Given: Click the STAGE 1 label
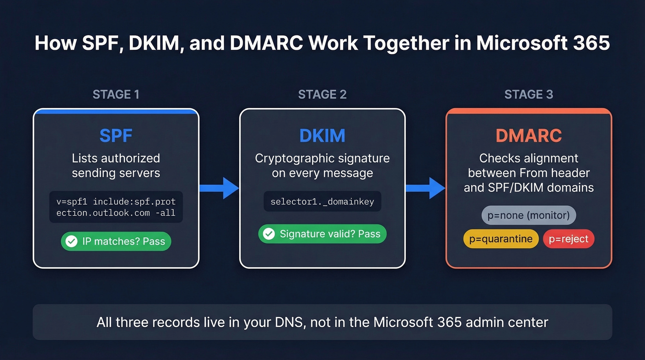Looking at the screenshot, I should pyautogui.click(x=116, y=94).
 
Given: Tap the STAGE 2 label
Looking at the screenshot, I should pyautogui.click(x=322, y=94).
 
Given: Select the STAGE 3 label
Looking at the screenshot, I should pyautogui.click(x=528, y=94).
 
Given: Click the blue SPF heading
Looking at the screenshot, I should pyautogui.click(x=116, y=136).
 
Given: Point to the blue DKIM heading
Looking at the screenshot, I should pyautogui.click(x=322, y=136).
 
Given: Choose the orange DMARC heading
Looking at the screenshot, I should pyautogui.click(x=528, y=136).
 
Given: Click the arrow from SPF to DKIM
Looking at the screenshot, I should pyautogui.click(x=219, y=188).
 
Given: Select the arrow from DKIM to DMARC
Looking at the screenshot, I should pyautogui.click(x=426, y=188).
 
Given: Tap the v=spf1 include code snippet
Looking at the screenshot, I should pyautogui.click(x=116, y=207).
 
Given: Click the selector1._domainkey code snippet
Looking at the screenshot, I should pyautogui.click(x=322, y=202).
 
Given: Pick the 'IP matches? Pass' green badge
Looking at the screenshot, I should pyautogui.click(x=116, y=242).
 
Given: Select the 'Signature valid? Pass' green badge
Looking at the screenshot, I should pyautogui.click(x=322, y=234).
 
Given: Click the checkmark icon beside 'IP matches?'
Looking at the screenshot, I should pyautogui.click(x=71, y=242).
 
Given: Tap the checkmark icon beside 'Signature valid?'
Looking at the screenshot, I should pyautogui.click(x=269, y=234).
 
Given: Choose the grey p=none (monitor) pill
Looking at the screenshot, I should pyautogui.click(x=528, y=215).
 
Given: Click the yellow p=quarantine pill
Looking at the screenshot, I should pyautogui.click(x=501, y=239).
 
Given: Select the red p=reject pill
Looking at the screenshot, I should pyautogui.click(x=569, y=239).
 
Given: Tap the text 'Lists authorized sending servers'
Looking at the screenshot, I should pyautogui.click(x=116, y=165).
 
